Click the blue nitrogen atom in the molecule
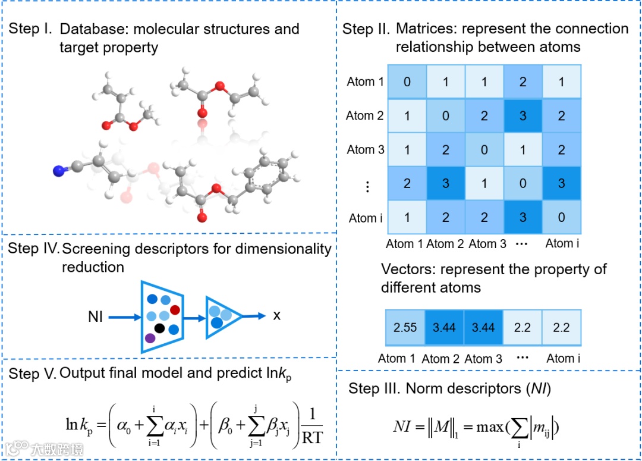click(58, 172)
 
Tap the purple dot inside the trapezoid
click(150, 338)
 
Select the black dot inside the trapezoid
click(159, 328)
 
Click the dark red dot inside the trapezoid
click(175, 309)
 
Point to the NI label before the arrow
click(96, 317)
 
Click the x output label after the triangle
click(276, 316)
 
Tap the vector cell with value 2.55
click(405, 328)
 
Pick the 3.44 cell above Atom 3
click(483, 328)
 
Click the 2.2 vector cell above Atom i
click(561, 328)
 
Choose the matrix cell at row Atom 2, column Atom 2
click(445, 115)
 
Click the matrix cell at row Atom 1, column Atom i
click(562, 81)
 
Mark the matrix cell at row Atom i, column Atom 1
click(407, 218)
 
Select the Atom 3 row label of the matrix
click(365, 149)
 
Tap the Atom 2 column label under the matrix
click(445, 243)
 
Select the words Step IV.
click(33, 249)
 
